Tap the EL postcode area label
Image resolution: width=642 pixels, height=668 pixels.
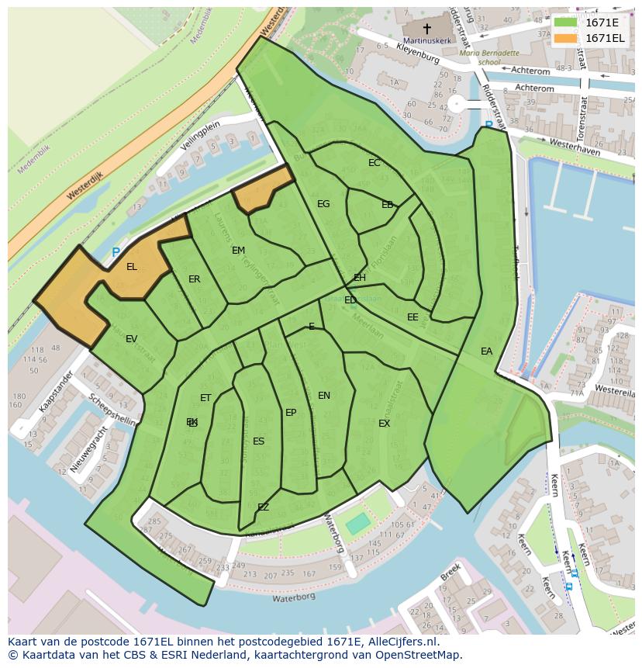pyautogui.click(x=132, y=267)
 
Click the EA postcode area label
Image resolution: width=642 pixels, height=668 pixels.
pyautogui.click(x=486, y=351)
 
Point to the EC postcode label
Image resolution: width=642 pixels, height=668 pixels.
pyautogui.click(x=374, y=163)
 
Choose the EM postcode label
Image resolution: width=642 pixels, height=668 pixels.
pyautogui.click(x=238, y=251)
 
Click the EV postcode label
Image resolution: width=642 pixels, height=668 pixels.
pyautogui.click(x=131, y=339)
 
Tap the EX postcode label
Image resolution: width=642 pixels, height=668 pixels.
pyautogui.click(x=384, y=424)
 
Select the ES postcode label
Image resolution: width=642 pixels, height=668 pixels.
pyautogui.click(x=258, y=441)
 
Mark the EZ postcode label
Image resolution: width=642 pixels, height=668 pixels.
pyautogui.click(x=263, y=507)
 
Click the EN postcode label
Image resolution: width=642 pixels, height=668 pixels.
pyautogui.click(x=324, y=396)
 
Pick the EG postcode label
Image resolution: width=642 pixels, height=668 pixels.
pyautogui.click(x=323, y=204)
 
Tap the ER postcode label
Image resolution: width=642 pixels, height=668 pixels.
pyautogui.click(x=194, y=279)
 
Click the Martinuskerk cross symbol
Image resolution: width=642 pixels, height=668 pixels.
pyautogui.click(x=426, y=28)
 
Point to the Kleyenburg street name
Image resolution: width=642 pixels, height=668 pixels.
pyautogui.click(x=418, y=54)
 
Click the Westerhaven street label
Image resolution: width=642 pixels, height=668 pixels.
pyautogui.click(x=575, y=147)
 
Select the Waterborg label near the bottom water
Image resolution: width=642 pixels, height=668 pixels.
pyautogui.click(x=291, y=598)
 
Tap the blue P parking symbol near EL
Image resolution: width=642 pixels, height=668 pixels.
pyautogui.click(x=116, y=252)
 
